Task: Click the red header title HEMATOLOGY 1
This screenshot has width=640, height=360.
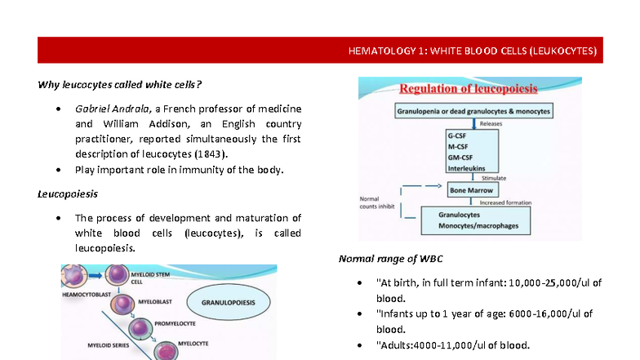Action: pos(472,51)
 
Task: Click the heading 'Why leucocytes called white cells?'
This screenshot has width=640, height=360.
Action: pos(120,83)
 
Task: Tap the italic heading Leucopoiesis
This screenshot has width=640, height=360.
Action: pos(68,194)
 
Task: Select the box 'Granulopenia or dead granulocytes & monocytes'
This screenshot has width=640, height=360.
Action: pos(474,109)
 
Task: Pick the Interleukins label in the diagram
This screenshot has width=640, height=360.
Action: pos(466,167)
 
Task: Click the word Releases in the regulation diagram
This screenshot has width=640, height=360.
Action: pos(491,123)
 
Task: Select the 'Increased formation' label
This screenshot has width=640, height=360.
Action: pos(507,202)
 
